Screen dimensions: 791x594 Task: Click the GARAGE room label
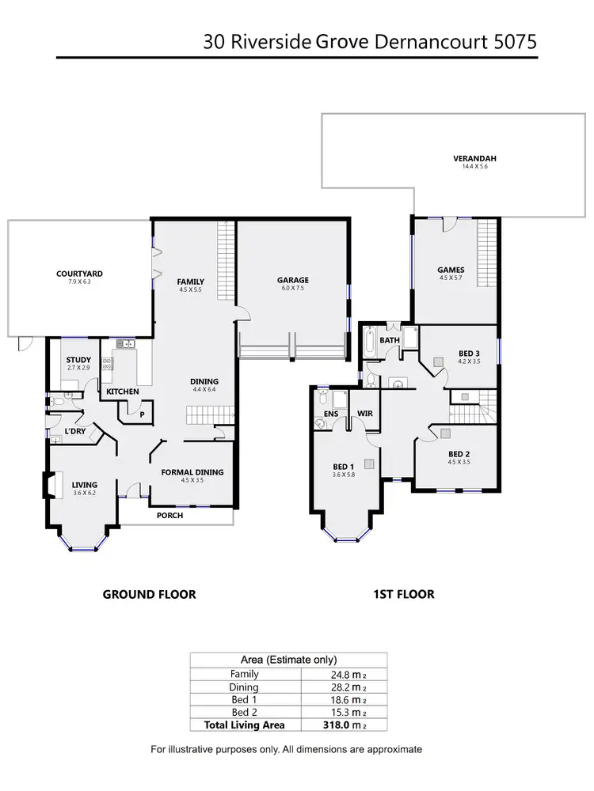tap(292, 280)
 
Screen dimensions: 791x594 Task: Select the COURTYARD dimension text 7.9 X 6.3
tap(79, 282)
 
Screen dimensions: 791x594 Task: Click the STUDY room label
tap(78, 361)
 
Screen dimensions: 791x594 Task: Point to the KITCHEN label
tap(123, 392)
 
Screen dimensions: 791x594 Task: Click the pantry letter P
tap(142, 414)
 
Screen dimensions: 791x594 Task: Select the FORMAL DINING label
tap(192, 472)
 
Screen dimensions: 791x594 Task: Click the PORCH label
tap(169, 516)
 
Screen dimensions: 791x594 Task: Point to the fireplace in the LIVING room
tap(50, 485)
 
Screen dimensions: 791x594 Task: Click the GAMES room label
tap(451, 270)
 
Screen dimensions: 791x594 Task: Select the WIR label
tap(365, 414)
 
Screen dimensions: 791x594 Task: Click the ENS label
tap(330, 414)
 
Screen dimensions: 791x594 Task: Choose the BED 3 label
tap(469, 354)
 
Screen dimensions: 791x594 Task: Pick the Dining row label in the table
tap(244, 687)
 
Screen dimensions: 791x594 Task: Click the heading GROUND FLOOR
tap(149, 594)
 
